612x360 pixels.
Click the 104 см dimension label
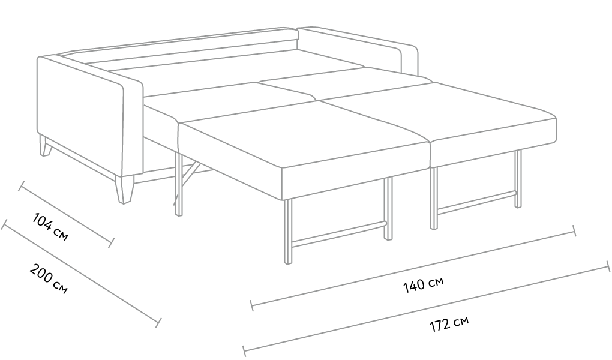(x=50, y=227)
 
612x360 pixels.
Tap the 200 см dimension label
(x=49, y=279)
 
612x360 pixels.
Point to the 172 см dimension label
(x=449, y=323)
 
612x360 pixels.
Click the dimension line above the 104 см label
(x=67, y=214)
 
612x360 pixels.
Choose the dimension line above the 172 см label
(x=426, y=308)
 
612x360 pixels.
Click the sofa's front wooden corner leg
(x=125, y=190)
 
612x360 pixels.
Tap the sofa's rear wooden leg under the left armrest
(x=46, y=146)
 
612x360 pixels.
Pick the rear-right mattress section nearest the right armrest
(x=346, y=82)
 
